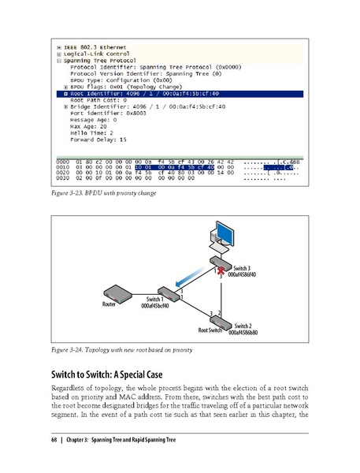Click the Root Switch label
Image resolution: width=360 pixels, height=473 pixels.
(x=210, y=330)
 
